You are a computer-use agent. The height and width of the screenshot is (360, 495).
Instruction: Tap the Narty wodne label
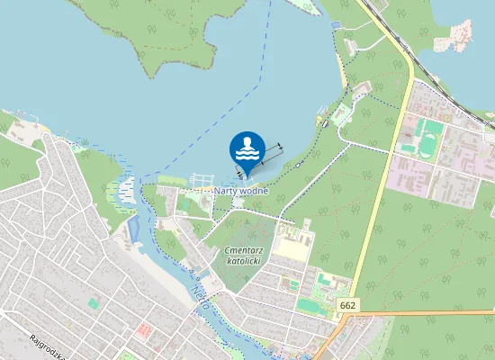(x=241, y=191)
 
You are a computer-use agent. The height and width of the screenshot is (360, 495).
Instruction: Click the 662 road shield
(x=349, y=307)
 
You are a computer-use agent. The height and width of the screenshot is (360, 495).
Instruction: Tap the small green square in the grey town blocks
(x=93, y=304)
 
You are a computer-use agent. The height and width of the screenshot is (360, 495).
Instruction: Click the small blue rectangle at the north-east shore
(x=337, y=23)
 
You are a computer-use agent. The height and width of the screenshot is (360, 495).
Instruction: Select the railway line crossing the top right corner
(x=441, y=80)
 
